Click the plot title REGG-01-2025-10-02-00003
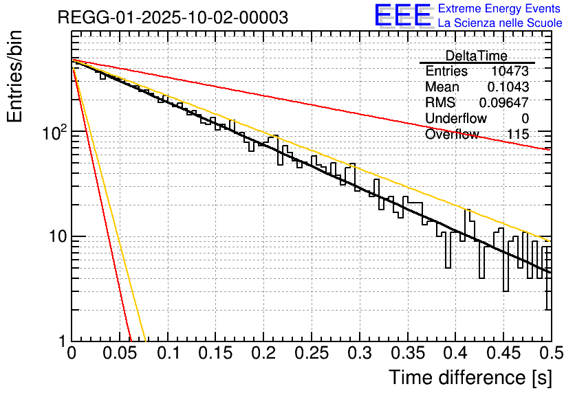point(173,17)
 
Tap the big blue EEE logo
point(403,16)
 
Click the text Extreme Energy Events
point(500,9)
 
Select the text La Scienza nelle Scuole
point(500,23)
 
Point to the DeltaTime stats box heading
point(476,56)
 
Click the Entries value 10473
point(510,71)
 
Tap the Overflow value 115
point(517,135)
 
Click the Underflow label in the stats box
point(455,119)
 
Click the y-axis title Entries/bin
point(15,77)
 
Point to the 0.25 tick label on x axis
point(312,354)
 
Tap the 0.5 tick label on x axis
point(550,354)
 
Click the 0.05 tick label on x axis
point(120,354)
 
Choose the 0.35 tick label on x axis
point(407,354)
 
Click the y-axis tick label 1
point(61,341)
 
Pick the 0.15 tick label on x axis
point(215,354)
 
